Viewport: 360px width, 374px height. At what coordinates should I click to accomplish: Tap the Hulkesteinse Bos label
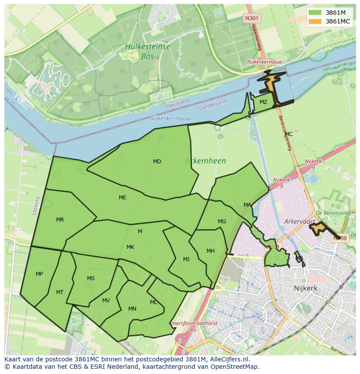147,51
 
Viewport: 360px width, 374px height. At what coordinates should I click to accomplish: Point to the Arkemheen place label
206,161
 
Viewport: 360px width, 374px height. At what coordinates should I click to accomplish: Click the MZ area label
263,102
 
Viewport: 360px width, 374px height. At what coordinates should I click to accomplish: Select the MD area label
157,162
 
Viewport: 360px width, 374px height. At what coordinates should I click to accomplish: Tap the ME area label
123,198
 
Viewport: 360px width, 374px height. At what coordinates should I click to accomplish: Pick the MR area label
60,220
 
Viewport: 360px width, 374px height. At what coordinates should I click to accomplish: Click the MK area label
130,247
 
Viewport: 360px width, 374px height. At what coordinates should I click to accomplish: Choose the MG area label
222,222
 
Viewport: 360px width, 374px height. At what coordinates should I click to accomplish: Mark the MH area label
210,251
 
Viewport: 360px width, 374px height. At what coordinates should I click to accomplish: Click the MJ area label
186,259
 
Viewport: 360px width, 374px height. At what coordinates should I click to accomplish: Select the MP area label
39,274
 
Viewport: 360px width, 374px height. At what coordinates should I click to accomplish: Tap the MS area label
90,278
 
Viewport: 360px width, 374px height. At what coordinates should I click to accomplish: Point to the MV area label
106,301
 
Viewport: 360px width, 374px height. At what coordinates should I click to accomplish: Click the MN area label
132,309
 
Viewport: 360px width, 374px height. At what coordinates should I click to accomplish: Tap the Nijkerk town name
305,288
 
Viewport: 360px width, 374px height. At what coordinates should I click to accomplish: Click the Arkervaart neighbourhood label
299,222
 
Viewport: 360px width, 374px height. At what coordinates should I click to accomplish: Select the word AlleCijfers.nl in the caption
227,360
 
